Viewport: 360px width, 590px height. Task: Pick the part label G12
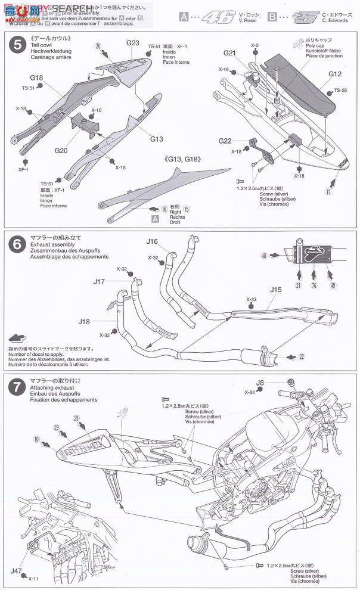click(x=335, y=75)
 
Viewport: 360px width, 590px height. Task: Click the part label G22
click(x=225, y=141)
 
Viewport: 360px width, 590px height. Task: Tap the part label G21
click(x=231, y=53)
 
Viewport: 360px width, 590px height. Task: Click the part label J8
click(x=259, y=383)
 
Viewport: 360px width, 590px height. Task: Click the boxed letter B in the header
click(x=272, y=12)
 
